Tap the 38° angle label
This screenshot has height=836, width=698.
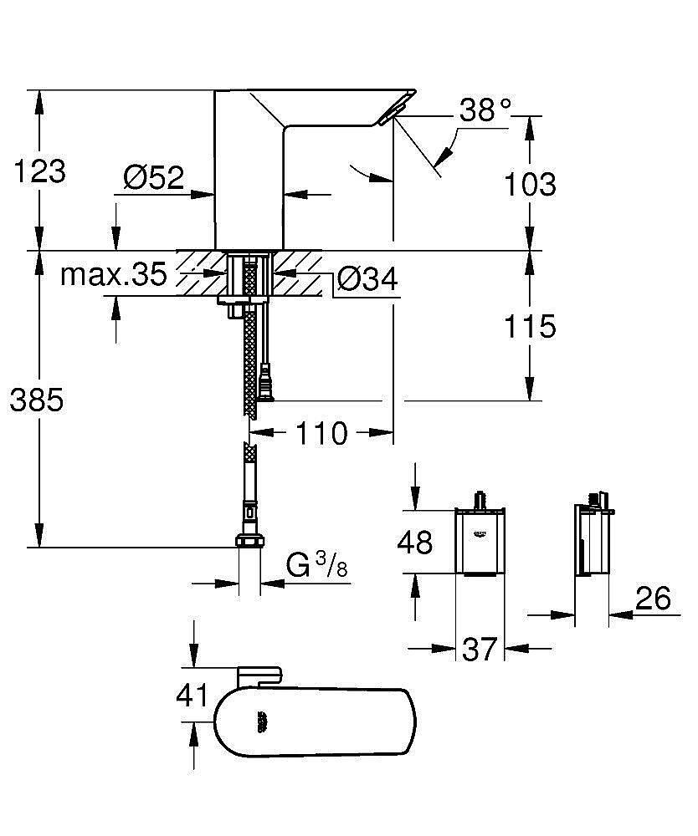coord(485,110)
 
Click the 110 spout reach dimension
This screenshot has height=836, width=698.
coord(321,433)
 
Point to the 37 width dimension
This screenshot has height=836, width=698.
coord(480,649)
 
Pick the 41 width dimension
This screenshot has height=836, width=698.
coord(192,695)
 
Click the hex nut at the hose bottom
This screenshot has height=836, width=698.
coord(249,540)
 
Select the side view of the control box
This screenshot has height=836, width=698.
coord(593,542)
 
